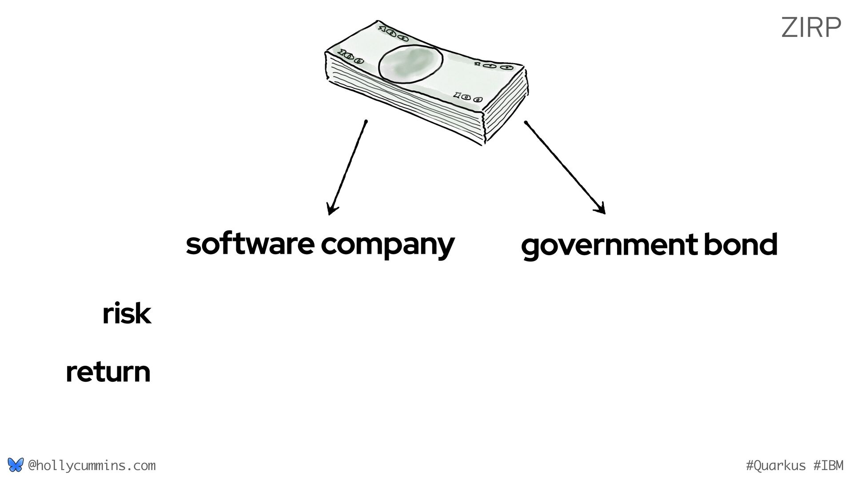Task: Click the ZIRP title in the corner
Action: click(811, 28)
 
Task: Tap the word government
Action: click(609, 245)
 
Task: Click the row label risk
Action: click(127, 314)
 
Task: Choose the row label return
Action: click(108, 372)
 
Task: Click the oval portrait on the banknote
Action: click(410, 65)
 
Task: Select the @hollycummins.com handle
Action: click(92, 466)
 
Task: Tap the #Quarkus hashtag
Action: click(775, 466)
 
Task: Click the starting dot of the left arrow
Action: click(366, 121)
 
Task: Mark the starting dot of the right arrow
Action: click(526, 122)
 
